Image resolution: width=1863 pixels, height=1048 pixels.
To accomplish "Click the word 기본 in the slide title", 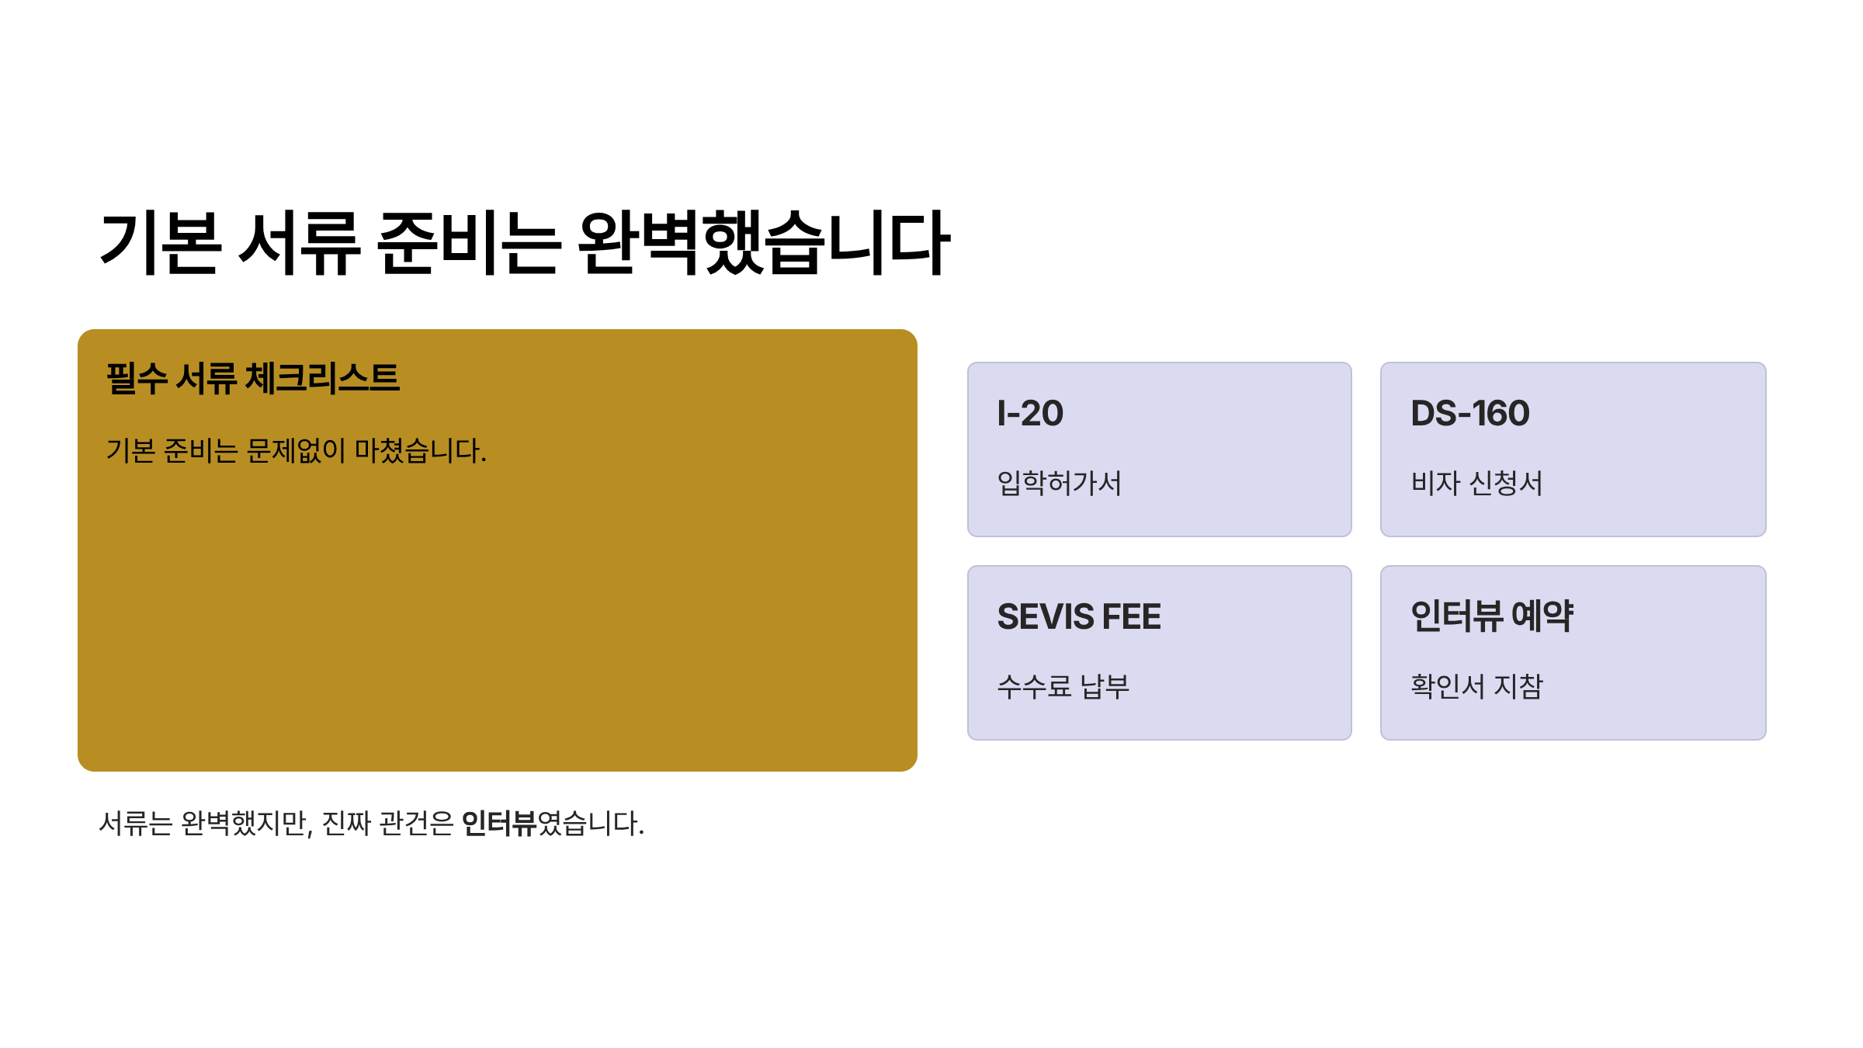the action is tap(161, 243).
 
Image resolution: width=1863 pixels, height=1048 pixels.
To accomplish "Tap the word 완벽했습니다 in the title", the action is tap(764, 243).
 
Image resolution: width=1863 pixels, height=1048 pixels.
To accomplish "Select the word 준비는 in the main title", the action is tap(468, 243).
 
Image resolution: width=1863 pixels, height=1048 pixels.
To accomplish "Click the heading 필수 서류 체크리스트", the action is tap(253, 379).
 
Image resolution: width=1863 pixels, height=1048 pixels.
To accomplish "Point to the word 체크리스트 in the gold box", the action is tap(322, 379).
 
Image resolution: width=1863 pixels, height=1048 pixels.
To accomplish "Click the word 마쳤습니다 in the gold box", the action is tap(420, 450).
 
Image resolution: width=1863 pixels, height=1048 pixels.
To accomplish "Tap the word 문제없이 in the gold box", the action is tap(295, 450).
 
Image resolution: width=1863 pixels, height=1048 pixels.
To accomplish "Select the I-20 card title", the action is tap(1030, 413).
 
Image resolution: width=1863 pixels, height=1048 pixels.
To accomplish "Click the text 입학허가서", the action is tap(1059, 483).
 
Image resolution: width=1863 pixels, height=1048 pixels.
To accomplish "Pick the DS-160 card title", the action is tap(1469, 413).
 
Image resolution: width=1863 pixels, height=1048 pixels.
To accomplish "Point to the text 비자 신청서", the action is tap(1476, 483).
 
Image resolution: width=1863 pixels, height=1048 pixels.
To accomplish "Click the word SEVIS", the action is tap(1046, 617).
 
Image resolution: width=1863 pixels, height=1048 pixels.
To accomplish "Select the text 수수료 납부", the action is tap(1063, 686).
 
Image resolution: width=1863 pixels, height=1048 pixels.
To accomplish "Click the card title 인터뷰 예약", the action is tap(1492, 616).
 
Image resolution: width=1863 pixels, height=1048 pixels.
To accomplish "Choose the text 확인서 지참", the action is tap(1476, 686).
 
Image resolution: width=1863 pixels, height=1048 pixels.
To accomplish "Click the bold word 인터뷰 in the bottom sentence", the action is tap(498, 824).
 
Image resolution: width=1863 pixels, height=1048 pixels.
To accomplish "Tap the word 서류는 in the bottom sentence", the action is tap(136, 824).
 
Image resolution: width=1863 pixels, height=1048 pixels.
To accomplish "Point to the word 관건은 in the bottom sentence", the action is tap(416, 824).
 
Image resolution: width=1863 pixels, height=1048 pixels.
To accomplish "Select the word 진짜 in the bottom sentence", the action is tap(346, 824).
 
